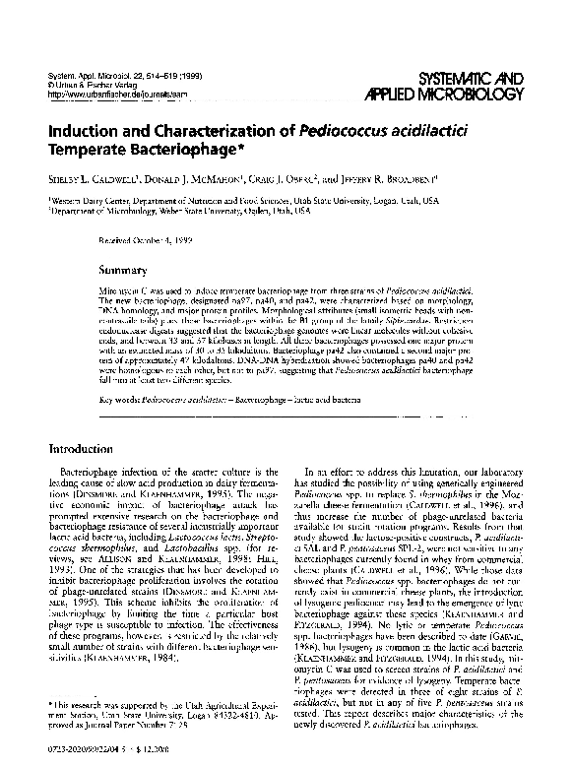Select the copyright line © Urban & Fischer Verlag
click(x=92, y=85)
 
